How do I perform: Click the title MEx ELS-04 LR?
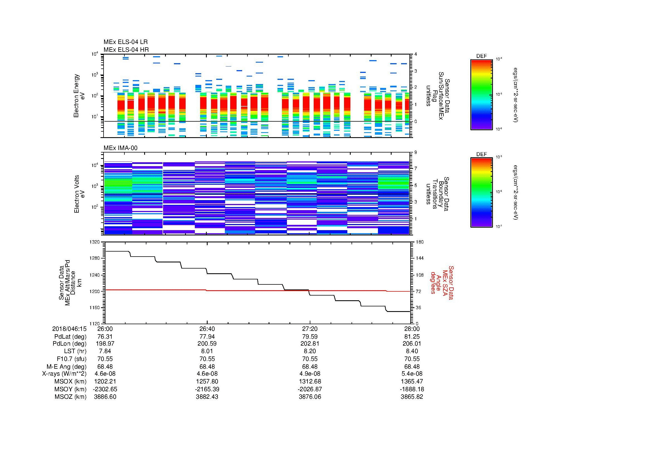pyautogui.click(x=125, y=42)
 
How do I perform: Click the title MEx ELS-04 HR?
pyautogui.click(x=126, y=50)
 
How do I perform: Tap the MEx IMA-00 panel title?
pyautogui.click(x=120, y=148)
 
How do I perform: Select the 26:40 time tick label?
pyautogui.click(x=207, y=329)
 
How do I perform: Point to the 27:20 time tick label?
pyautogui.click(x=309, y=329)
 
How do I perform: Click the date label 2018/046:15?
pyautogui.click(x=69, y=329)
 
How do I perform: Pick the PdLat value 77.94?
pyautogui.click(x=207, y=337)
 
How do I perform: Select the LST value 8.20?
pyautogui.click(x=309, y=351)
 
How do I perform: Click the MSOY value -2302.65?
pyautogui.click(x=105, y=389)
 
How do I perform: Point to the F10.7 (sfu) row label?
pyautogui.click(x=71, y=359)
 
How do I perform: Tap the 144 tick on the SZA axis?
pyautogui.click(x=419, y=258)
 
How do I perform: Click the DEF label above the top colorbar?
pyautogui.click(x=482, y=56)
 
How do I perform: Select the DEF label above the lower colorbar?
pyautogui.click(x=482, y=154)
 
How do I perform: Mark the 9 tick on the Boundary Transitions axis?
pyautogui.click(x=416, y=152)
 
